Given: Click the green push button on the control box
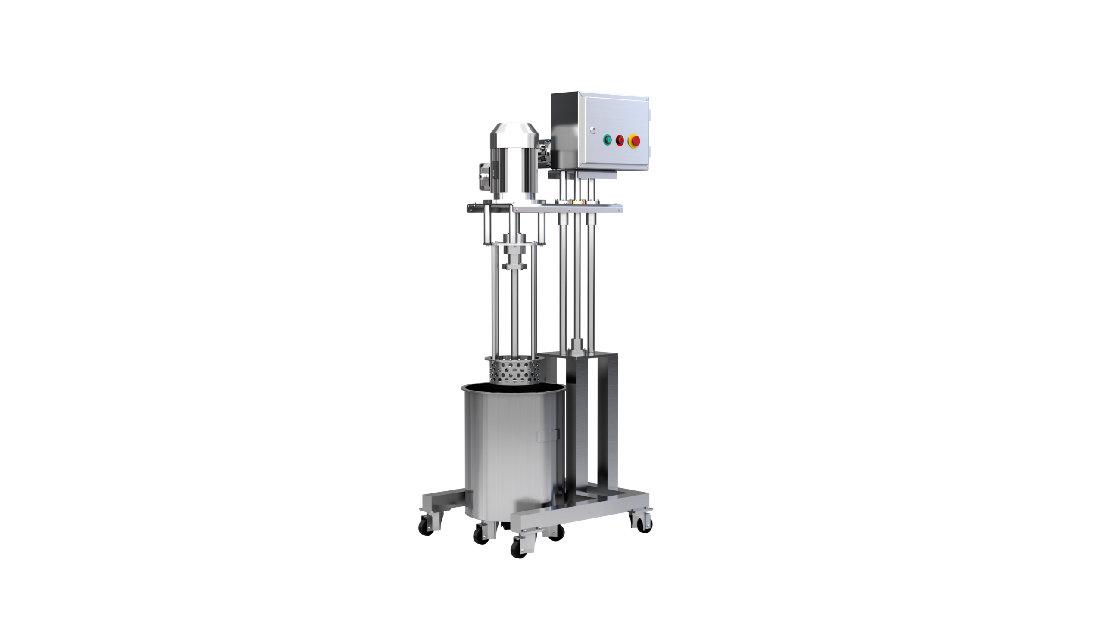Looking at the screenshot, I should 608,139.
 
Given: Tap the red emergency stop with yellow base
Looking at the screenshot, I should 635,140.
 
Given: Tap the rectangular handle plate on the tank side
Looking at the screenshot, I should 548,435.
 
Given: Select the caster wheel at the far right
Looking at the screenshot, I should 642,522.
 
